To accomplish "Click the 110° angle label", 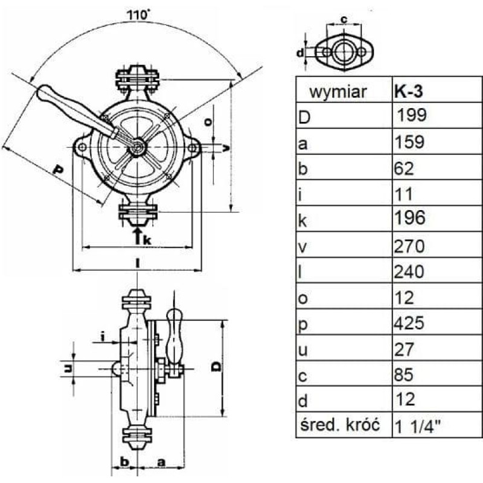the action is click(x=139, y=14).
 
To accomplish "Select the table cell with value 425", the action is click(x=409, y=323).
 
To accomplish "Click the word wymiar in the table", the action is click(x=338, y=92).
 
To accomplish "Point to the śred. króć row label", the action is click(x=340, y=425).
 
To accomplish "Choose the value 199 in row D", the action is click(x=412, y=115).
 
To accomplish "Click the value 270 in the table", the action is click(x=409, y=246).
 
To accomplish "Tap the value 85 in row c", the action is click(x=404, y=375).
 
